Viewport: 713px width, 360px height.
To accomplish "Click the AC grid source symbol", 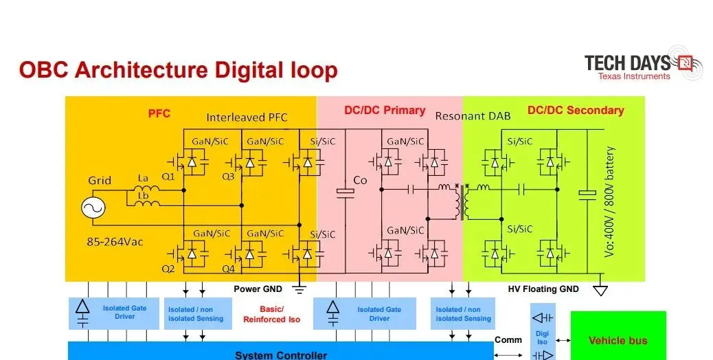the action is pos(93,208).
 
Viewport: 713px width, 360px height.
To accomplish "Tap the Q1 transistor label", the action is pos(168,177).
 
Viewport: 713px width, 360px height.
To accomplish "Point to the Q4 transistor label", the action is pos(229,269).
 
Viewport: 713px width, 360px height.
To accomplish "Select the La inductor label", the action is pos(144,178).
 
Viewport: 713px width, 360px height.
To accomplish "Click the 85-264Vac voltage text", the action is pos(115,242).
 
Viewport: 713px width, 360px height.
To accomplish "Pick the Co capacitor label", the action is pos(360,181).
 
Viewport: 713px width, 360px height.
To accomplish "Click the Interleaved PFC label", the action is pos(247,117).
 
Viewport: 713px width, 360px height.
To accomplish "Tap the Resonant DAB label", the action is pos(473,116).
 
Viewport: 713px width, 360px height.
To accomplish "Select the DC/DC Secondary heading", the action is pos(576,110).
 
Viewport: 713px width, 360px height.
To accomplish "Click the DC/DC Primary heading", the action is pos(385,111).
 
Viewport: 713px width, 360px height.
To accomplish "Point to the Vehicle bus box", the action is pos(618,335).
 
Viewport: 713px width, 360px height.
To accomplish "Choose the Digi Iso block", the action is pos(543,333).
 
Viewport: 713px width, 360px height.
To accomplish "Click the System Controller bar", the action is pos(280,351).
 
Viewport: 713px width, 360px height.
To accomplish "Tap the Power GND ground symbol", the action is pos(299,288).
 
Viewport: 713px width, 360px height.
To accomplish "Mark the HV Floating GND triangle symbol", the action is pos(600,290).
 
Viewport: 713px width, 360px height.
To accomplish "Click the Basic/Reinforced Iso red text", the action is pos(271,315).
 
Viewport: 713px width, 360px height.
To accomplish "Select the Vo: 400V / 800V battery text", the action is pos(610,202).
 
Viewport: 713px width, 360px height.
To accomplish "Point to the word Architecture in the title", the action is pos(142,71).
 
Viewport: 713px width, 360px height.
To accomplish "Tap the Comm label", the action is pos(508,340).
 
